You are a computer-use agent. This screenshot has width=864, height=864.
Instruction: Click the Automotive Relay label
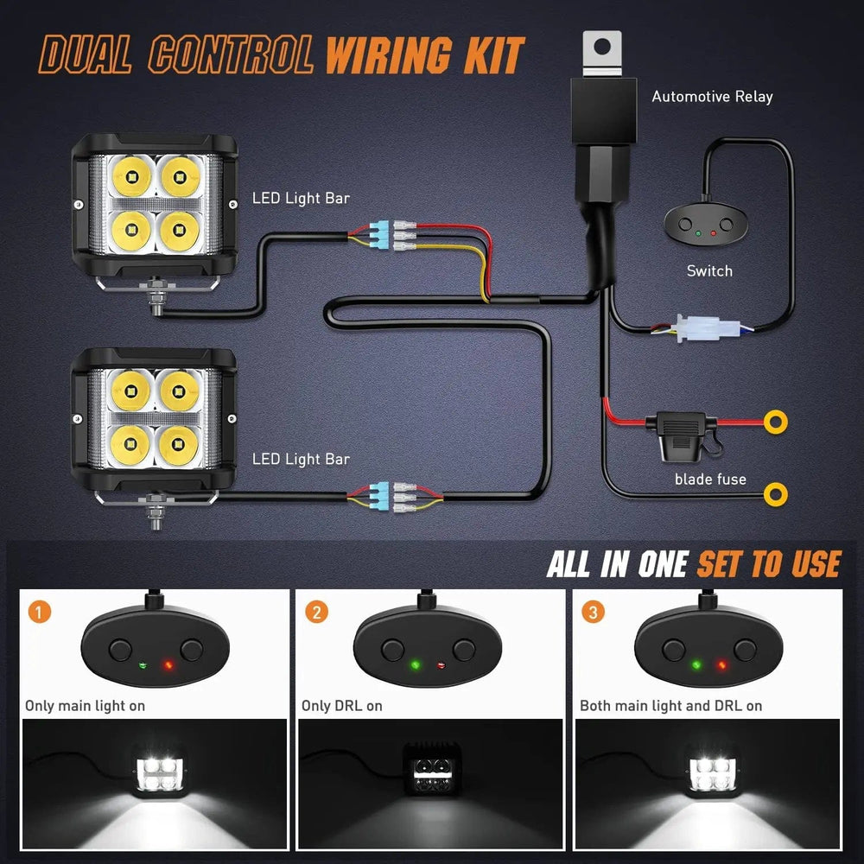pyautogui.click(x=712, y=97)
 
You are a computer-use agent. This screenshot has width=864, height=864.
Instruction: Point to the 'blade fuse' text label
pyautogui.click(x=710, y=479)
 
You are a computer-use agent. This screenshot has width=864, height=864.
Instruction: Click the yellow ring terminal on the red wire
pyautogui.click(x=777, y=422)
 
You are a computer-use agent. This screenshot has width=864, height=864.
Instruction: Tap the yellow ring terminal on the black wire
pyautogui.click(x=777, y=493)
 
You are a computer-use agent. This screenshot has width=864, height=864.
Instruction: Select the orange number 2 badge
pyautogui.click(x=317, y=613)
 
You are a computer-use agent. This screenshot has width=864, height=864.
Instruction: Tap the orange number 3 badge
pyautogui.click(x=594, y=613)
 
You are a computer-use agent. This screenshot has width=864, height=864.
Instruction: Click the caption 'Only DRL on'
pyautogui.click(x=342, y=706)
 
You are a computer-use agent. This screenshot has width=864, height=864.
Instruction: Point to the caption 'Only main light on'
pyautogui.click(x=85, y=706)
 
